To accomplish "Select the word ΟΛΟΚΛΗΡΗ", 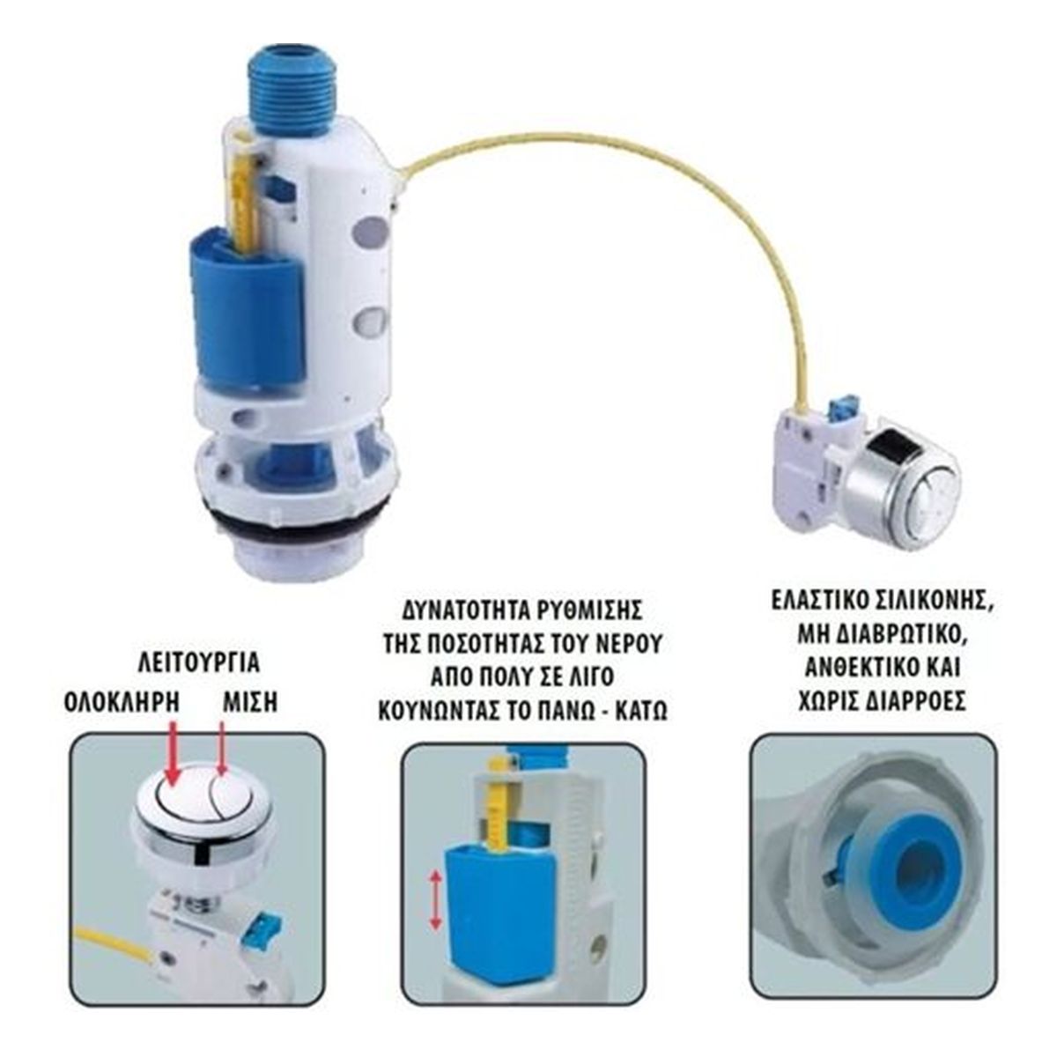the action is pos(121,702).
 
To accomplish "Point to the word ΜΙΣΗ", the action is pos(249,702).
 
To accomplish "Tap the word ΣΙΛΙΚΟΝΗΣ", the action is pos(932,601).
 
